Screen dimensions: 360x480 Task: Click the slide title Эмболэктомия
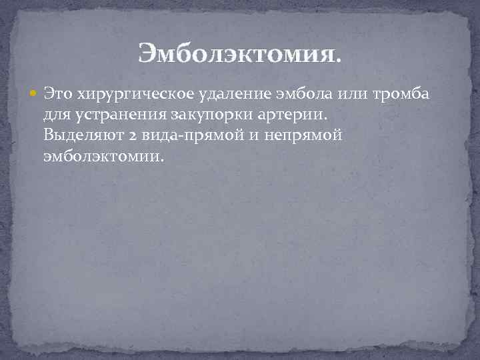239,52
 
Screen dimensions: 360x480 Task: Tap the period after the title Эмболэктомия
339,58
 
